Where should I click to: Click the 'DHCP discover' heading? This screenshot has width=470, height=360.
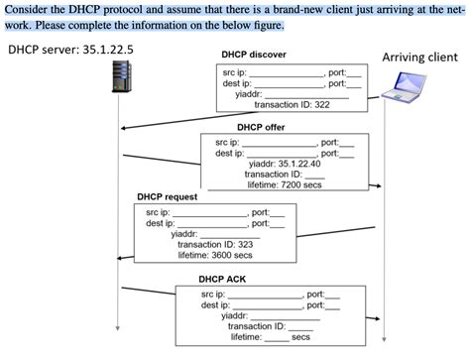(x=255, y=55)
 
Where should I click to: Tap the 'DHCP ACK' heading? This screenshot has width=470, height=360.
(x=224, y=280)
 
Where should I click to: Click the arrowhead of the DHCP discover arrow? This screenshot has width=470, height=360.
(x=126, y=128)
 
